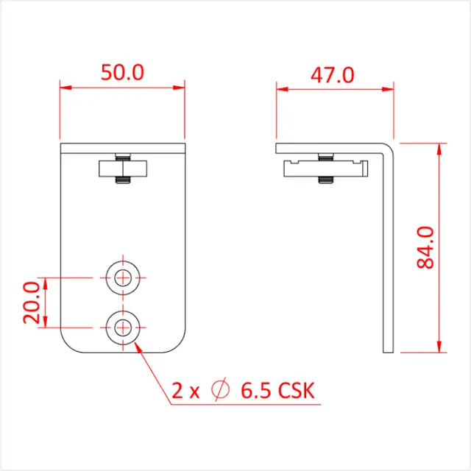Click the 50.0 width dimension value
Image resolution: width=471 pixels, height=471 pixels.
pyautogui.click(x=121, y=72)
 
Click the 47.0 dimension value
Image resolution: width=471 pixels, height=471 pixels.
pyautogui.click(x=333, y=75)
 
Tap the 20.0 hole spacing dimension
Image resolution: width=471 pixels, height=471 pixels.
pyautogui.click(x=32, y=302)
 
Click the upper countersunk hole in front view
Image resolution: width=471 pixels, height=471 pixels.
pyautogui.click(x=122, y=277)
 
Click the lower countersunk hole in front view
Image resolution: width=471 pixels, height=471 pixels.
pyautogui.click(x=122, y=326)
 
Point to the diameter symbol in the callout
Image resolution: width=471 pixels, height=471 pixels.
pyautogui.click(x=219, y=391)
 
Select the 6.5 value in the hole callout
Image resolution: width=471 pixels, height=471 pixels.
pyautogui.click(x=252, y=391)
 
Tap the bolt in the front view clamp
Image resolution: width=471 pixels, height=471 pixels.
pyautogui.click(x=122, y=169)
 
